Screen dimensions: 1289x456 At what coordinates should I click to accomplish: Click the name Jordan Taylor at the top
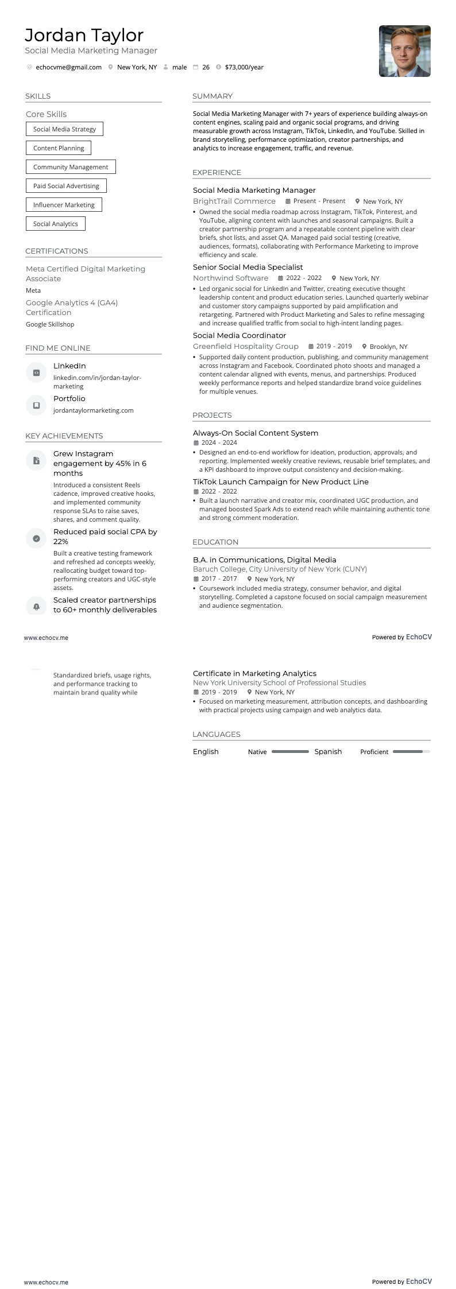click(x=84, y=35)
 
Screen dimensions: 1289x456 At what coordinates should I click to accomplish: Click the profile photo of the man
click(x=404, y=51)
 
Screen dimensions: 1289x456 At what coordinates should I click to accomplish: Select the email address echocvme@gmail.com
click(x=68, y=67)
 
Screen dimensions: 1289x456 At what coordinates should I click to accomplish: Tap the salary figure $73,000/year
click(x=244, y=67)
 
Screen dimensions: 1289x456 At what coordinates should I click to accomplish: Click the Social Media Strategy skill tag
click(x=64, y=129)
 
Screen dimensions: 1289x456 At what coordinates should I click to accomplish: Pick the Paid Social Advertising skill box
click(x=66, y=186)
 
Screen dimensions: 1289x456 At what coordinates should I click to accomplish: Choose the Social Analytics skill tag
click(x=55, y=224)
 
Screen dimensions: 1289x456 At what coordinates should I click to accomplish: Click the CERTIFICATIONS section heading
click(x=56, y=251)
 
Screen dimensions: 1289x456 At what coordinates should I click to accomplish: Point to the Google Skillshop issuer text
click(x=50, y=324)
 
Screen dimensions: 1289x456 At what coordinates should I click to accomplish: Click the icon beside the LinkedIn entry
click(x=36, y=372)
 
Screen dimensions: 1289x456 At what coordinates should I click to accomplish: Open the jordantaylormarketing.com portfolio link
click(x=93, y=410)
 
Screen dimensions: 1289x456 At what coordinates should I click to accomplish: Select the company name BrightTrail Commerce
click(x=234, y=201)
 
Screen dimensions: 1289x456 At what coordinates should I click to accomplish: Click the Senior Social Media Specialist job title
click(x=248, y=267)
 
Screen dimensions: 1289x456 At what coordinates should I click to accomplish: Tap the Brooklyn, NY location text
click(x=388, y=347)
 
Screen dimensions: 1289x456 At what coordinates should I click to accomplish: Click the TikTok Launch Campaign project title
click(x=280, y=482)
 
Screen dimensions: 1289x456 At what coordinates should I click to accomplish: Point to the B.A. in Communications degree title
click(x=264, y=560)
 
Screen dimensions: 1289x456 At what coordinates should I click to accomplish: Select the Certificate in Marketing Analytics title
click(x=254, y=673)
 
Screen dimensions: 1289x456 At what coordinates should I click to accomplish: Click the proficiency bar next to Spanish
click(x=411, y=751)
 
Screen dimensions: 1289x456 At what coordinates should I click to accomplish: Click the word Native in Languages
click(x=257, y=752)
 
